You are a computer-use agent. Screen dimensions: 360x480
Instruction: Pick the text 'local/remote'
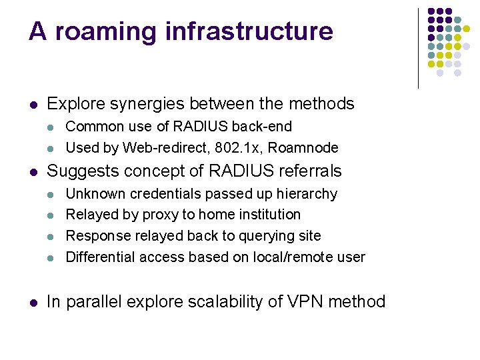coord(291,257)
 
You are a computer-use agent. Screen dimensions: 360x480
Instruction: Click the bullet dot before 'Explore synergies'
coord(33,105)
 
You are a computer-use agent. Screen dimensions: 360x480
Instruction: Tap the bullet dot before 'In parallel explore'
coord(33,303)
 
